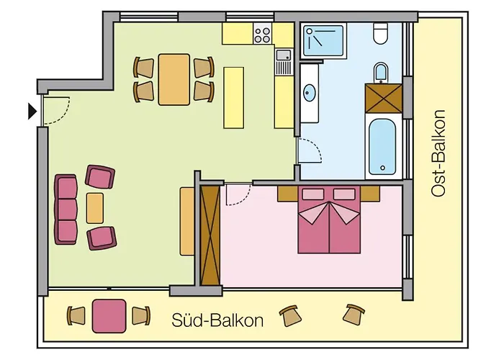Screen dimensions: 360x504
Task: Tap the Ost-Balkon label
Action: point(438,153)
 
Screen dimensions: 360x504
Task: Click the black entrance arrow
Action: point(32,111)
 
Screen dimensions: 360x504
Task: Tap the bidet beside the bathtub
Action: point(381,72)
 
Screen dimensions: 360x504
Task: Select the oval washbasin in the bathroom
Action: point(310,93)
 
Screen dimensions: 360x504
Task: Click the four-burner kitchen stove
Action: point(263,33)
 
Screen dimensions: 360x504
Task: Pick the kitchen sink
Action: point(284,55)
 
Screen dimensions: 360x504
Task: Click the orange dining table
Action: point(174,79)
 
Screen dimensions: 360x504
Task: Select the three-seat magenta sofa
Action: point(66,209)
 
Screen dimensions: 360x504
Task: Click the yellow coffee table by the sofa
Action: point(95,208)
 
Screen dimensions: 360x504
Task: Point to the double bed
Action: point(330,221)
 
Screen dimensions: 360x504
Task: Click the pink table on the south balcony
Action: point(109,315)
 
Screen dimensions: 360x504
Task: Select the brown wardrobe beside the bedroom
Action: point(210,235)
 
